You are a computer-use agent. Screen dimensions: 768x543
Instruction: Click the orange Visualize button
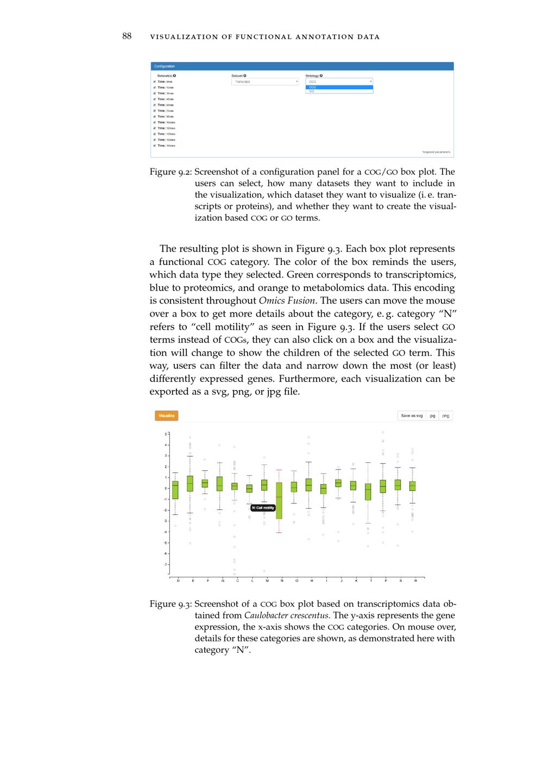pyautogui.click(x=166, y=416)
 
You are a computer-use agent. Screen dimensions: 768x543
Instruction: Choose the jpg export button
pyautogui.click(x=432, y=416)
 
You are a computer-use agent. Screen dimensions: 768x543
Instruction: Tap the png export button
pyautogui.click(x=446, y=416)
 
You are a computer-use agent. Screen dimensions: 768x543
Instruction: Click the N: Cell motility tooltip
pyautogui.click(x=263, y=508)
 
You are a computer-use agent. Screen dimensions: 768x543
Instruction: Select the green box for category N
pyautogui.click(x=279, y=500)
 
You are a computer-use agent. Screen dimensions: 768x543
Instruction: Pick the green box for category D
pyautogui.click(x=175, y=490)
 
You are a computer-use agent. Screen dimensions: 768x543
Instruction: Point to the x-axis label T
pyautogui.click(x=371, y=581)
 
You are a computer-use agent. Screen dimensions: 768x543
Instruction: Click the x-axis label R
pyautogui.click(x=415, y=581)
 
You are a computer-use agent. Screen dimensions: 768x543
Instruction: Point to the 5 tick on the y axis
pyautogui.click(x=166, y=434)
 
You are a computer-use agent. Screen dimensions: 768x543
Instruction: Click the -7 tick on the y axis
pyautogui.click(x=166, y=564)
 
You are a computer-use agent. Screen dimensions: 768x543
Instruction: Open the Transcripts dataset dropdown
pyautogui.click(x=265, y=82)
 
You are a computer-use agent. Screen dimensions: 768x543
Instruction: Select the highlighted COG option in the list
pyautogui.click(x=339, y=87)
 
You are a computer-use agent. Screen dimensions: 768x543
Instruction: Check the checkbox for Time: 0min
pyautogui.click(x=155, y=82)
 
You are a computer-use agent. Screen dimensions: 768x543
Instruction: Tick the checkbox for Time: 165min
pyautogui.click(x=155, y=146)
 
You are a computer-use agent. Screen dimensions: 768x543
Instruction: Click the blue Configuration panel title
pyautogui.click(x=165, y=66)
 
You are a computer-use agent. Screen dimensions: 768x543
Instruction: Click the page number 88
pyautogui.click(x=127, y=36)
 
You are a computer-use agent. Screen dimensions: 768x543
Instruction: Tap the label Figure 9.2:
pyautogui.click(x=171, y=172)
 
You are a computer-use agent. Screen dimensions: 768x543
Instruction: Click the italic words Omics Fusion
pyautogui.click(x=287, y=301)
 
